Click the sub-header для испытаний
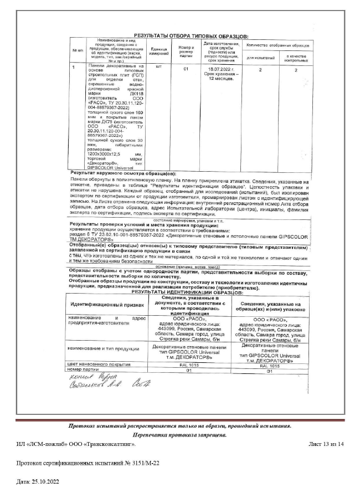point(260,57)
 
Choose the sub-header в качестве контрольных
point(296,57)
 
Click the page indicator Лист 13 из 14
point(326,444)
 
